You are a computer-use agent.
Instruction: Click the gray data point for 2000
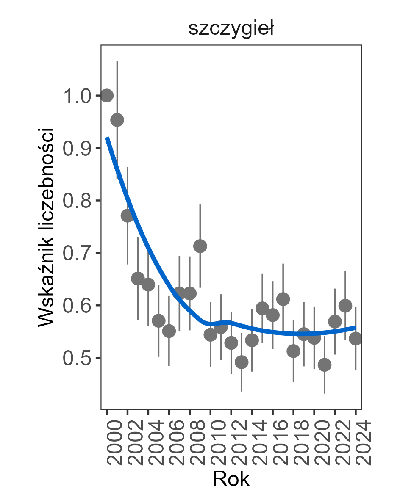click(x=107, y=96)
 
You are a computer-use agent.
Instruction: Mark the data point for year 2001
click(x=117, y=120)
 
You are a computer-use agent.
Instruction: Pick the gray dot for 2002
click(x=128, y=216)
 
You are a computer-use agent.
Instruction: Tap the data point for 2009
click(x=200, y=246)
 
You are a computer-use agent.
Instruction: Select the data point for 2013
click(x=242, y=362)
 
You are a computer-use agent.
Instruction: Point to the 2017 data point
click(x=283, y=299)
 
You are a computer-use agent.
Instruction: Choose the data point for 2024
click(x=356, y=339)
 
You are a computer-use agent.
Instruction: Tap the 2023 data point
click(x=345, y=306)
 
